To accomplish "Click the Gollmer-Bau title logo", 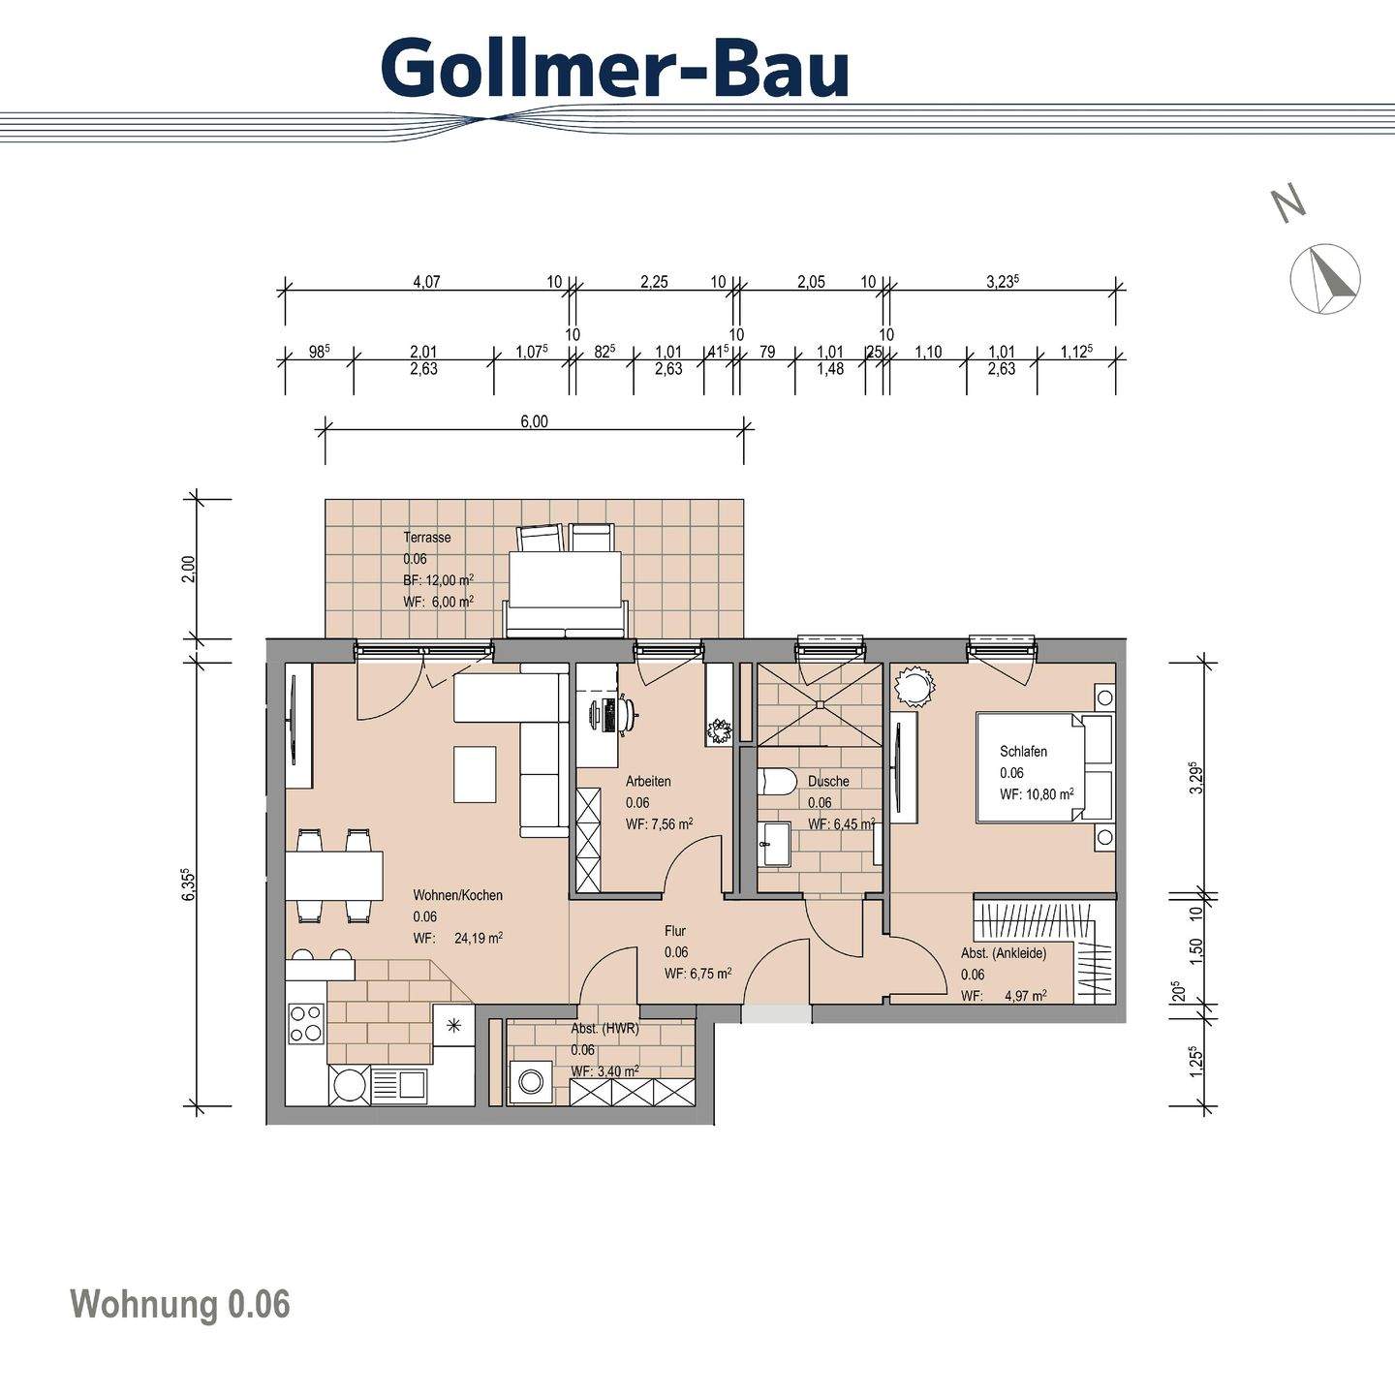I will [615, 68].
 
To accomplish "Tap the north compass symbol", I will [1325, 278].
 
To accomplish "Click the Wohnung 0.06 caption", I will [180, 1304].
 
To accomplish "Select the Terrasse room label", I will [427, 538].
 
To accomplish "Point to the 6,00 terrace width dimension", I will [534, 421].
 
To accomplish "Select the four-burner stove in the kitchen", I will [306, 1023].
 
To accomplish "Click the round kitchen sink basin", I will [349, 1085].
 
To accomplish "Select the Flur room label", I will [675, 931].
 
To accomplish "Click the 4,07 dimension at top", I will [426, 282].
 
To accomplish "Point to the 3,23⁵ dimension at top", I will [1003, 282].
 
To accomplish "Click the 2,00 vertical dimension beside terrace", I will [189, 568].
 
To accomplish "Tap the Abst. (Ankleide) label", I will [1003, 953].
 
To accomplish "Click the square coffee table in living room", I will [475, 774].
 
